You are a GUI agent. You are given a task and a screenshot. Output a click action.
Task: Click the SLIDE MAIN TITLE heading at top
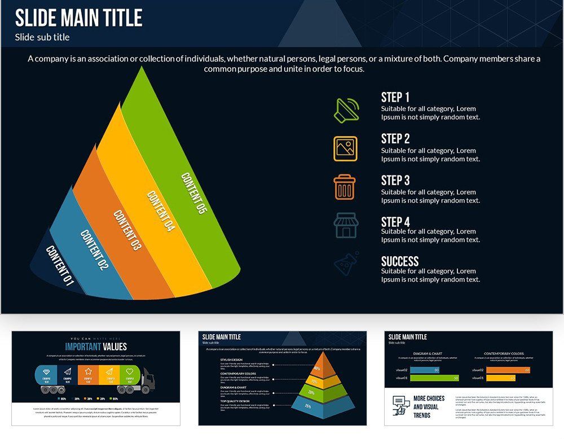[x=78, y=18]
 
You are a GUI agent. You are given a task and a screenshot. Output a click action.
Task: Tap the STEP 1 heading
[x=395, y=97]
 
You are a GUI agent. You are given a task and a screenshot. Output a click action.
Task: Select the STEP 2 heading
[x=395, y=139]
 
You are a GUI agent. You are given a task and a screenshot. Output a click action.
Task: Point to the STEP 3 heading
[x=395, y=181]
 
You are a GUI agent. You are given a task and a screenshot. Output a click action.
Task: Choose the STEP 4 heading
[x=395, y=222]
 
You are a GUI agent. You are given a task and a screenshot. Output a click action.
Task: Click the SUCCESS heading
[x=400, y=261]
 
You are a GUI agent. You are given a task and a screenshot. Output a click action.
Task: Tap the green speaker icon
[x=346, y=110]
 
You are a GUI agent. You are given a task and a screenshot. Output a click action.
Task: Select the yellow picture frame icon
[x=345, y=148]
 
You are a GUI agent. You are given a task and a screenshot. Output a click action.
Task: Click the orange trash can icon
[x=345, y=187]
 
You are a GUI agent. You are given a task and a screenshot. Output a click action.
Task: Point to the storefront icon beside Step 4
[x=345, y=225]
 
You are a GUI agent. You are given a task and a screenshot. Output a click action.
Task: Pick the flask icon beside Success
[x=345, y=264]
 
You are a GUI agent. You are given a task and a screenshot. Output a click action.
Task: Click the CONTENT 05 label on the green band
[x=192, y=193]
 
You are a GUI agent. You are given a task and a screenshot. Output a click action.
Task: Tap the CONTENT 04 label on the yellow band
[x=160, y=211]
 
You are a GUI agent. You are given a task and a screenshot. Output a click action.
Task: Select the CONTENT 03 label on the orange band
[x=127, y=230]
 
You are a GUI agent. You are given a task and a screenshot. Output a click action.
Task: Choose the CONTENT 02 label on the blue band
[x=94, y=249]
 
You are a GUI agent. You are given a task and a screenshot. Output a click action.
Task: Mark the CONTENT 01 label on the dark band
[x=60, y=266]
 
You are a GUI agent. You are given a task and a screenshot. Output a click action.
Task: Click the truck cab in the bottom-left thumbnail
[x=146, y=380]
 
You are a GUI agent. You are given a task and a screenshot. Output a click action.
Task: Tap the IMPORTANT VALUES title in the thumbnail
[x=96, y=346]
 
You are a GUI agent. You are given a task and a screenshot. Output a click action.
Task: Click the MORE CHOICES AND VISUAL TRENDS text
[x=429, y=406]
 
